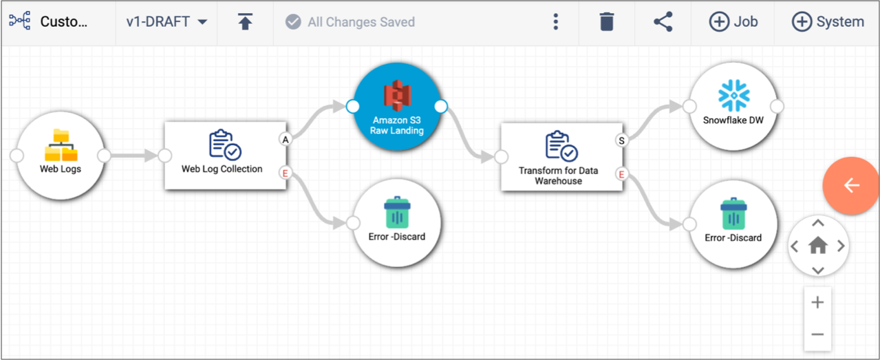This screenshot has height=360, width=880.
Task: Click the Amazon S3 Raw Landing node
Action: click(x=397, y=107)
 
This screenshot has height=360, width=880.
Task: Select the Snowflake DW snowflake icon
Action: click(x=734, y=96)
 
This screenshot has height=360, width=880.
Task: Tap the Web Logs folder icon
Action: click(x=61, y=145)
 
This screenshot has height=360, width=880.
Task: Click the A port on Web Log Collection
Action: click(x=286, y=140)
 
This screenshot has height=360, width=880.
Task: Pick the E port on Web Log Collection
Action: click(x=286, y=173)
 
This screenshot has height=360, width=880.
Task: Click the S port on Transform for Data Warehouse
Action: click(x=621, y=140)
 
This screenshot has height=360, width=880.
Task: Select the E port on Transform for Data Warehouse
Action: click(x=621, y=174)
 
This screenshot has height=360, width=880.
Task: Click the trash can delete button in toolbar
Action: click(x=607, y=21)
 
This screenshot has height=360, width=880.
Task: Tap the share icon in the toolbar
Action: click(x=663, y=21)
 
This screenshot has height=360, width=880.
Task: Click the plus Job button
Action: click(x=733, y=21)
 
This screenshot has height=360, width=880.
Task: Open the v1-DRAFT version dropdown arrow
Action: click(x=202, y=22)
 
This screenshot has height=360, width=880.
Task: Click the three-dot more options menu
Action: click(x=555, y=21)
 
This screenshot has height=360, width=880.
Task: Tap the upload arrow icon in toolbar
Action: click(x=245, y=21)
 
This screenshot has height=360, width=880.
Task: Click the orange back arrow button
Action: click(x=850, y=185)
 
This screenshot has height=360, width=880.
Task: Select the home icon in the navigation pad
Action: click(x=818, y=246)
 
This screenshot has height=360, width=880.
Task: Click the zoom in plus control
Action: click(x=817, y=302)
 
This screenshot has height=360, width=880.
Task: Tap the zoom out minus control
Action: click(x=817, y=335)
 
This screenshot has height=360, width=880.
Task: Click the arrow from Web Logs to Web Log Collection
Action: click(x=134, y=156)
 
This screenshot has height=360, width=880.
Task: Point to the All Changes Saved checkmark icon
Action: click(x=293, y=22)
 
